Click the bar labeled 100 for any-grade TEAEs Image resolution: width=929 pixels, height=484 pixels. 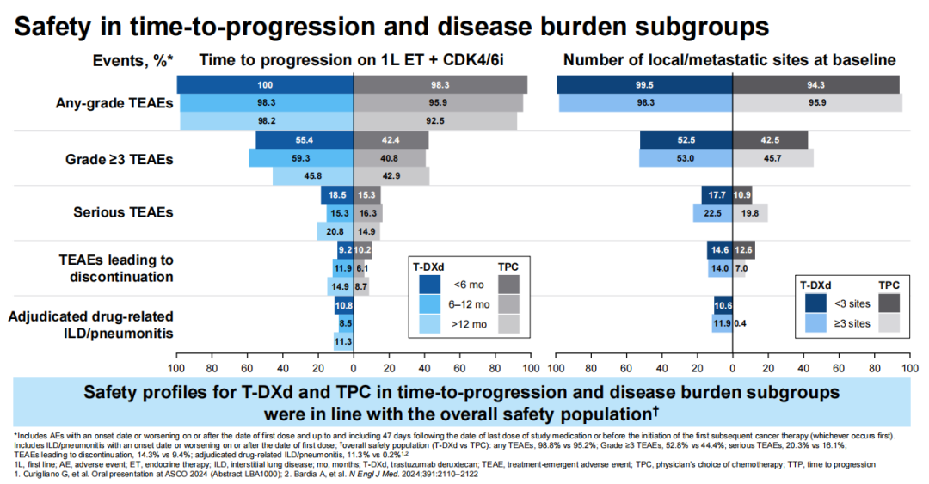[265, 84]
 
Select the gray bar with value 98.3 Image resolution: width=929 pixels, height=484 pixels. [440, 84]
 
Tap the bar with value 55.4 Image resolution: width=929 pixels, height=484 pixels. [305, 139]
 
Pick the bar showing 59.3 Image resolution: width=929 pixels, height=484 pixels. [301, 158]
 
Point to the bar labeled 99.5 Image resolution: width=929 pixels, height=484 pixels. [644, 84]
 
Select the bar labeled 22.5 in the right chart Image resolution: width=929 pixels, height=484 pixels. [712, 213]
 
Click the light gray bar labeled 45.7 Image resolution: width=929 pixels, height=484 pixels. [772, 158]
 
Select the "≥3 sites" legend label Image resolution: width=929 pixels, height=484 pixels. [852, 323]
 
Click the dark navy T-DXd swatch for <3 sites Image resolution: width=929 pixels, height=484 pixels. [812, 303]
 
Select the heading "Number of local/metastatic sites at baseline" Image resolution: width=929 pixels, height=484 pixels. [729, 60]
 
